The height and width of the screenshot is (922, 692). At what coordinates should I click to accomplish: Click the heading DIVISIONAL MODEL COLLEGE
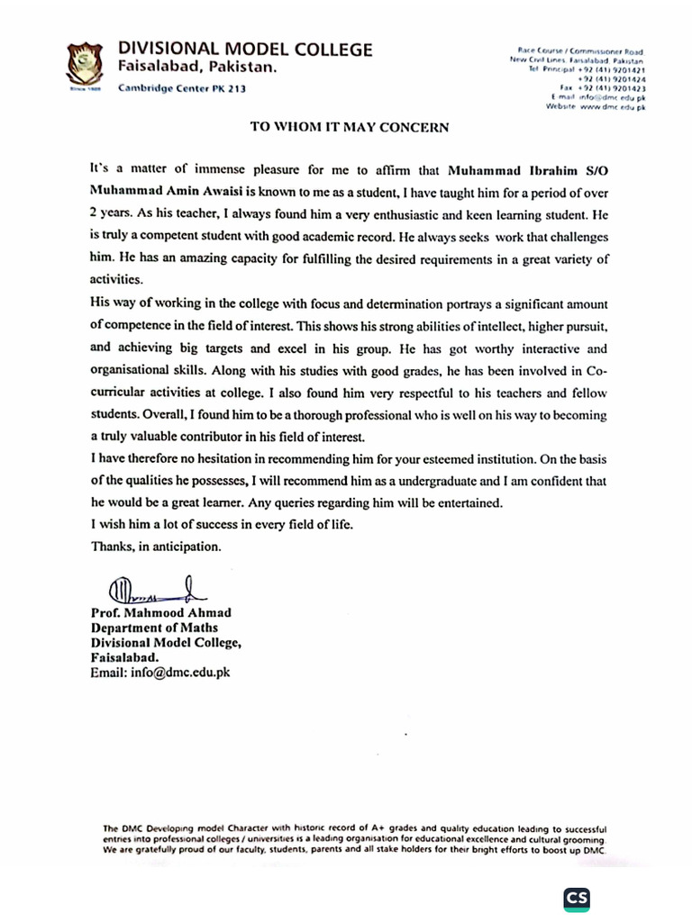click(x=244, y=50)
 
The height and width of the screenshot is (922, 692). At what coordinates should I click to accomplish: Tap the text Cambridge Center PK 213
click(x=181, y=88)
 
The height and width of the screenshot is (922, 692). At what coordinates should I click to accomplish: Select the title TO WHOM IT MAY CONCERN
click(x=349, y=128)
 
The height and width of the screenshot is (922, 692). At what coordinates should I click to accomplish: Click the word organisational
click(x=132, y=369)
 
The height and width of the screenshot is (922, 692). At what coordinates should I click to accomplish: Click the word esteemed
click(x=478, y=457)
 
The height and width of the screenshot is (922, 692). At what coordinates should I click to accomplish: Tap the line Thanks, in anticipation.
click(x=155, y=546)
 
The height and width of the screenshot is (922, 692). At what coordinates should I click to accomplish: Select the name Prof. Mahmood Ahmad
click(x=160, y=613)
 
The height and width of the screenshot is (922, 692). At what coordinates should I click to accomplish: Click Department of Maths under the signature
click(x=154, y=628)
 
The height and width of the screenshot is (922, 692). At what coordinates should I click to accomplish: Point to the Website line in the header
click(x=596, y=106)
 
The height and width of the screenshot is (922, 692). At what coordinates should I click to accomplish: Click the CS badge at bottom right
click(x=577, y=898)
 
